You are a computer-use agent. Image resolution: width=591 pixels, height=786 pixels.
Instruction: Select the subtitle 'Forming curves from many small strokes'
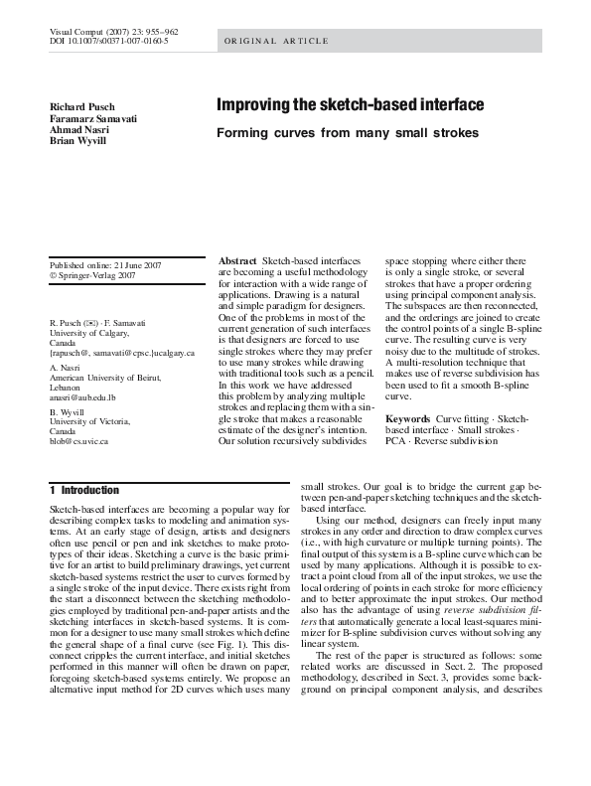(x=348, y=133)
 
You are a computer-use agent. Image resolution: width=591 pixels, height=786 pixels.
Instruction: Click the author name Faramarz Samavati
(x=94, y=118)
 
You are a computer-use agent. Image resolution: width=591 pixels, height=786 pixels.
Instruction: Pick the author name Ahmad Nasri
(x=79, y=129)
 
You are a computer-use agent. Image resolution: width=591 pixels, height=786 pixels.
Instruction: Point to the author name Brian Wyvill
(x=79, y=141)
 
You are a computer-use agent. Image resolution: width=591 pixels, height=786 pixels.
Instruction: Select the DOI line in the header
(x=109, y=42)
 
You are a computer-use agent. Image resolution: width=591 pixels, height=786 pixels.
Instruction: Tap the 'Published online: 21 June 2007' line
(x=105, y=264)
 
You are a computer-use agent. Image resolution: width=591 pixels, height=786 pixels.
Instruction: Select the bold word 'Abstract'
(x=237, y=261)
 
